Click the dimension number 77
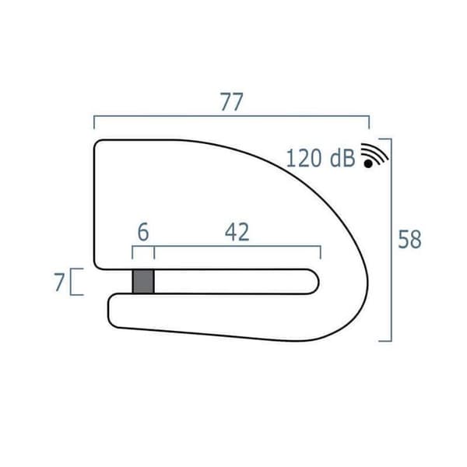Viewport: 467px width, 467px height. tap(231, 102)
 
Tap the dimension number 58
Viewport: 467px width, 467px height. tap(409, 239)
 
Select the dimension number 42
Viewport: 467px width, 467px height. tap(237, 232)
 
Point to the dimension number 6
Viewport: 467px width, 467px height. tap(143, 232)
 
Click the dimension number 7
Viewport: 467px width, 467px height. tap(59, 282)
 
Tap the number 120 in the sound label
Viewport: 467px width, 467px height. tap(304, 158)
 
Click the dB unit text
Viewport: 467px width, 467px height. tap(342, 158)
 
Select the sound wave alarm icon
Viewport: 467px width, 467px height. tap(374, 156)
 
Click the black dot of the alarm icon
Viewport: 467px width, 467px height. tap(368, 163)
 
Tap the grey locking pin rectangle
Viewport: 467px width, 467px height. tap(143, 282)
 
